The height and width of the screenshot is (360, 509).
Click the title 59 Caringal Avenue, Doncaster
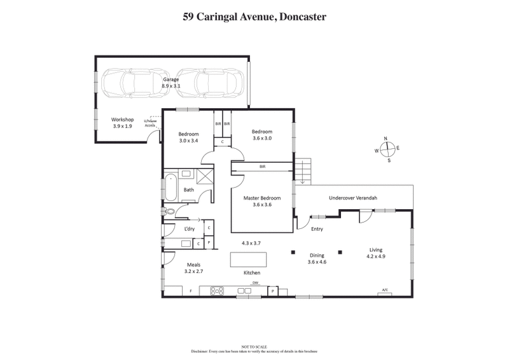point(254,17)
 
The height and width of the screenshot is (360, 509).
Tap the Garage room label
point(171,80)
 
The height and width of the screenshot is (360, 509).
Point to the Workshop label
point(122,120)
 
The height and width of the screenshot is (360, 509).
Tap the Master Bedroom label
point(262,198)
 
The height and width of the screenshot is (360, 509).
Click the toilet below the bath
point(169,212)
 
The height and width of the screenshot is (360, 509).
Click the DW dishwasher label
point(255,282)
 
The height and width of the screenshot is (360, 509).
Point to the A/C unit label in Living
point(385,290)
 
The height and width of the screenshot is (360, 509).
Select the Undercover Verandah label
point(352,198)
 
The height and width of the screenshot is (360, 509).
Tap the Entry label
point(317,229)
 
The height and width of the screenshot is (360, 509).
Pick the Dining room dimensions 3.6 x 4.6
point(316,262)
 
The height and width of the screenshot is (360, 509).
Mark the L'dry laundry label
point(189,228)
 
